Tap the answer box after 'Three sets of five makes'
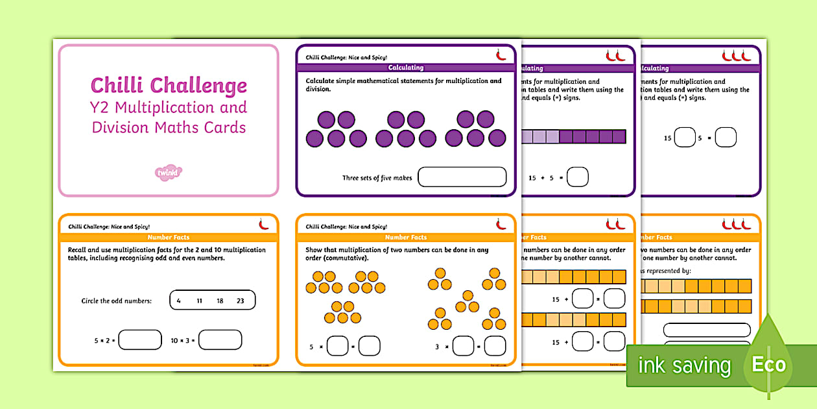[x=462, y=177]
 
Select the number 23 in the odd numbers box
[x=241, y=301]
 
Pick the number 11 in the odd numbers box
[x=200, y=301]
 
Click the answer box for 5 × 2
[x=139, y=340]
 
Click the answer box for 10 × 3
[x=220, y=340]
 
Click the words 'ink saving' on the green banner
[x=684, y=366]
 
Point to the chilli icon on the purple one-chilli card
[x=501, y=56]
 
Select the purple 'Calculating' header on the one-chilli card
[x=405, y=68]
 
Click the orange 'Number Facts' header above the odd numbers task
[x=169, y=238]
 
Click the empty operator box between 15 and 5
[x=685, y=138]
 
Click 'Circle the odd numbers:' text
[x=116, y=301]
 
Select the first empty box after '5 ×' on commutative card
[x=337, y=346]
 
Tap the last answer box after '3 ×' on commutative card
[x=495, y=346]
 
